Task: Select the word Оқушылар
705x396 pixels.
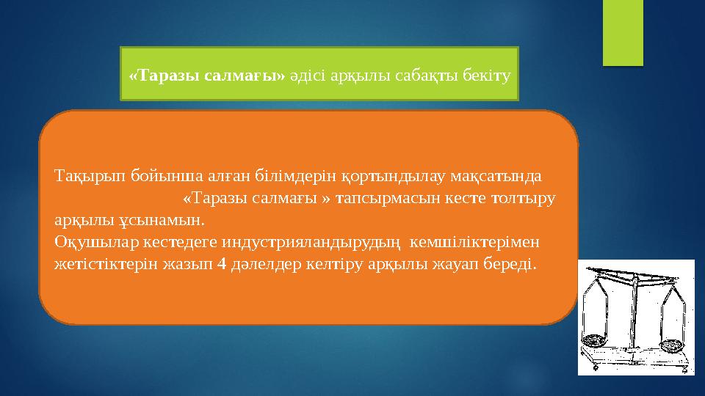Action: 88,241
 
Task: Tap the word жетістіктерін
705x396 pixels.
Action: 98,263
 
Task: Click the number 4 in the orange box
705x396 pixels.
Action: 222,263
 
